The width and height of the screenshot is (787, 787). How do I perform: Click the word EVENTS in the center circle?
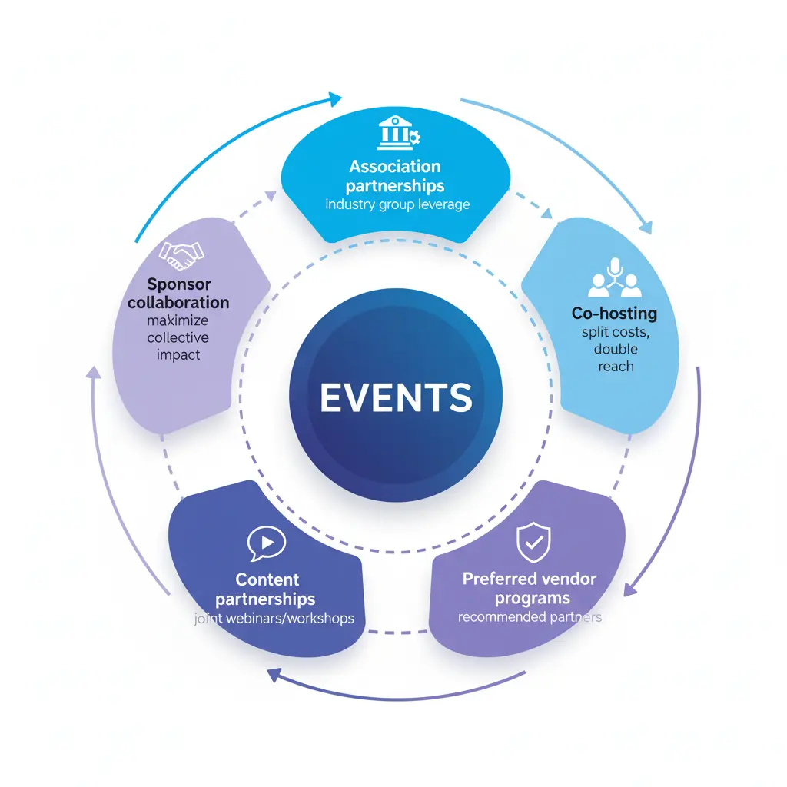click(396, 397)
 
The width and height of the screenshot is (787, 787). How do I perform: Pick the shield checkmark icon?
click(533, 543)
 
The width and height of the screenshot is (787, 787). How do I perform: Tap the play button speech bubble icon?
click(267, 543)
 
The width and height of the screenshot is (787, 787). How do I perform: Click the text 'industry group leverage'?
click(397, 204)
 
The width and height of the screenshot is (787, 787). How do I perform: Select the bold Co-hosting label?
click(614, 313)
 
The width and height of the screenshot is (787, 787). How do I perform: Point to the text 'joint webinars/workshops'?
click(274, 618)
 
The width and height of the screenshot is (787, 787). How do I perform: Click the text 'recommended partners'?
click(530, 616)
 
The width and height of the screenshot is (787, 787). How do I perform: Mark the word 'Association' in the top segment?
click(395, 167)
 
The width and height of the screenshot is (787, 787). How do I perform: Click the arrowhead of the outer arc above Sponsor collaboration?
click(334, 98)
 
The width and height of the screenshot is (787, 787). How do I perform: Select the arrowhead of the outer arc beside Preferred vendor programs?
click(629, 590)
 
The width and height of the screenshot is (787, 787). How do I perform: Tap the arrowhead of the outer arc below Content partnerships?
click(274, 674)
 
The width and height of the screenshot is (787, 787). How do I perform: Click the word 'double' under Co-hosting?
click(616, 349)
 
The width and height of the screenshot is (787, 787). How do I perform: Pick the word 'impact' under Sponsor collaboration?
click(178, 355)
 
